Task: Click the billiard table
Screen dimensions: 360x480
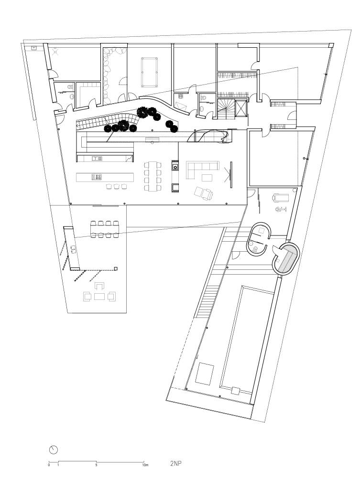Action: (150, 73)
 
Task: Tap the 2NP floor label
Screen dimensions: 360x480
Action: (176, 463)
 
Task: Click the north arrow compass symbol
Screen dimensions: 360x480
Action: (54, 450)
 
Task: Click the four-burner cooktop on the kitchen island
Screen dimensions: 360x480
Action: (96, 177)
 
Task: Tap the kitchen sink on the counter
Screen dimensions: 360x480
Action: (97, 158)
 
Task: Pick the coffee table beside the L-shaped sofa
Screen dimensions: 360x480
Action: (207, 178)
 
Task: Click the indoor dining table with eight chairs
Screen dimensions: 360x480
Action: (153, 177)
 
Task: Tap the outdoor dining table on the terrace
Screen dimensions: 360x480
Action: (105, 229)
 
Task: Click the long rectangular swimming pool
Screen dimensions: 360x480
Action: (248, 339)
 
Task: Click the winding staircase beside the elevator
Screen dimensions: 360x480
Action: (227, 109)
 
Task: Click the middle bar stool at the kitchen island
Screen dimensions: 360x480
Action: (116, 186)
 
